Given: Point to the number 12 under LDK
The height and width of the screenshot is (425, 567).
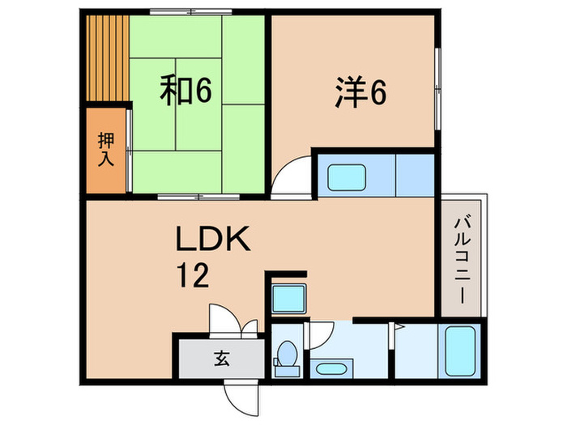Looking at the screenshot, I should [x=194, y=276].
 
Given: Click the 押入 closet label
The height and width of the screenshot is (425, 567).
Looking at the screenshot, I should [x=105, y=148].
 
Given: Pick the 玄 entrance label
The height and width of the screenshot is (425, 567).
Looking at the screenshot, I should [x=220, y=356].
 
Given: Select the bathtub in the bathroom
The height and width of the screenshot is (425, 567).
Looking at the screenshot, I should [x=458, y=350].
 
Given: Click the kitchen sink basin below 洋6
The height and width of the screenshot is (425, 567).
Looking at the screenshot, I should [x=346, y=177].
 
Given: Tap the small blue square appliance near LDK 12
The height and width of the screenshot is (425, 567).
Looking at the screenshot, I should [x=288, y=298].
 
